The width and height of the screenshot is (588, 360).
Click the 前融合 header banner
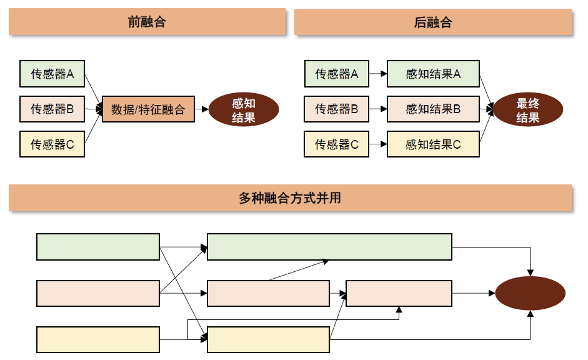point(147,22)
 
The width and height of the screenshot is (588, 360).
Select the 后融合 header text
point(432,22)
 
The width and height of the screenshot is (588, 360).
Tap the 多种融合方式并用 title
point(290,199)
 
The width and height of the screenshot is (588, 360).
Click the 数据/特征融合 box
point(148,109)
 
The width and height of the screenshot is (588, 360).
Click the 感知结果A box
point(433,74)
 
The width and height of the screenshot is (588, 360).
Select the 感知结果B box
point(433,109)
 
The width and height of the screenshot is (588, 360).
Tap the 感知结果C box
point(433,144)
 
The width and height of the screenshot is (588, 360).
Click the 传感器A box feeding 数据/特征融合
point(52,74)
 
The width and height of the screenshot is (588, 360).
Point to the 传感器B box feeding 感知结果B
point(336,109)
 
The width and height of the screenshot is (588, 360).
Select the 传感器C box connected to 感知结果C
point(336,144)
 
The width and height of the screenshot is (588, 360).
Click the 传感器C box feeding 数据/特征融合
point(52,144)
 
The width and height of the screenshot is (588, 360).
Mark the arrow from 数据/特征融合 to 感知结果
point(201,109)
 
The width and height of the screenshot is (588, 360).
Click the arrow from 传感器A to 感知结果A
point(377,74)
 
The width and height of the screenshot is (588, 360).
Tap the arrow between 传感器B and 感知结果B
point(377,109)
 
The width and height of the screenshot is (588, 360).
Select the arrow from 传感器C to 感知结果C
point(377,144)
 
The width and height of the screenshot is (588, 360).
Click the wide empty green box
point(329,247)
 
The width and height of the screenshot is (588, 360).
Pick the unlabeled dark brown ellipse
point(530,293)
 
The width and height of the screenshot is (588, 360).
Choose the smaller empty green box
point(98,247)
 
